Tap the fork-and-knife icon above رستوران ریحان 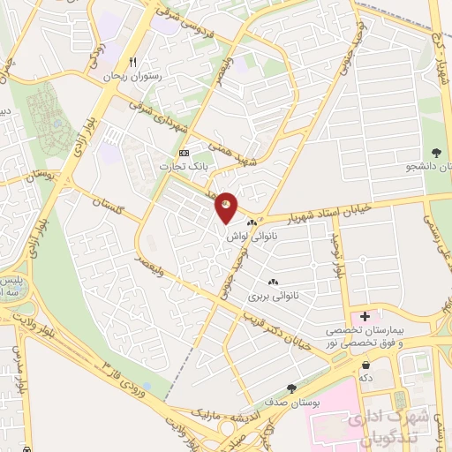[133, 62]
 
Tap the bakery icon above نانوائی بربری [272, 282]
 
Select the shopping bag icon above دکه [364, 363]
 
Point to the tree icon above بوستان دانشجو [434, 153]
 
